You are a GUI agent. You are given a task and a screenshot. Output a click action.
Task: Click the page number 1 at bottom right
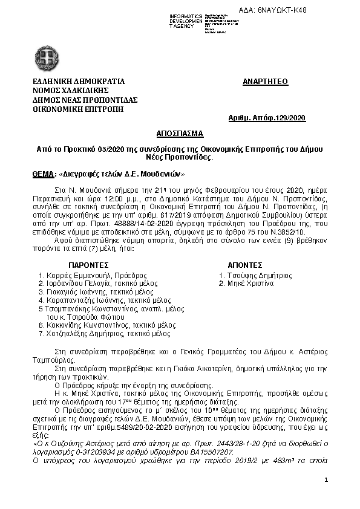[326, 480]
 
